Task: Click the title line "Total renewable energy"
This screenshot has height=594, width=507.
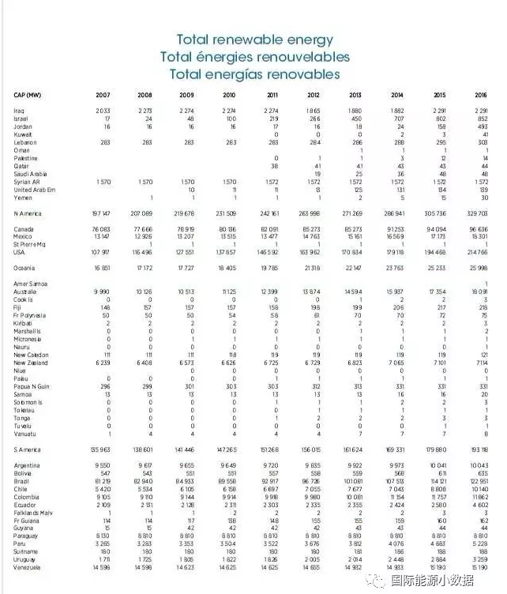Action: coord(254,39)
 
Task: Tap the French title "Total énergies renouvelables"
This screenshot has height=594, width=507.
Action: coord(254,57)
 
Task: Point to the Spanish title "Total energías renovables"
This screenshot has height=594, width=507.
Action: coord(254,74)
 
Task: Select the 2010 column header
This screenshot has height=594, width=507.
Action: coord(228,95)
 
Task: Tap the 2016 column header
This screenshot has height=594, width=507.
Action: coord(481,95)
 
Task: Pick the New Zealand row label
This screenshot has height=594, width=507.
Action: coord(30,363)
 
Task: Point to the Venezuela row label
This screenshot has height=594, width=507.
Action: coord(27,567)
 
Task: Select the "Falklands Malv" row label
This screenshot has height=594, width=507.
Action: coord(33,512)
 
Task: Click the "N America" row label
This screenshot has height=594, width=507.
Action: coord(28,214)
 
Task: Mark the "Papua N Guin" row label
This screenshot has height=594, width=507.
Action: coord(31,385)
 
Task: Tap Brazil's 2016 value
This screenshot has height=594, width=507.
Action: coord(479,480)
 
